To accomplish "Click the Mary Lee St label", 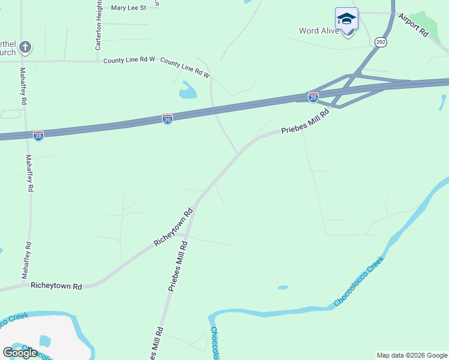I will tap(128, 8).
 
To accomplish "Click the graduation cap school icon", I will tap(346, 19).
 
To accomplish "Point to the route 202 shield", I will tap(381, 41).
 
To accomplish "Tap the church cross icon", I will tap(25, 47).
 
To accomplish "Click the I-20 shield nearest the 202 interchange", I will tap(313, 96).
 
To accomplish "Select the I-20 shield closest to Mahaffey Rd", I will tap(38, 136).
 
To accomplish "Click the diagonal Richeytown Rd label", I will tap(173, 226).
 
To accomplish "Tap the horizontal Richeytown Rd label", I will tap(56, 287).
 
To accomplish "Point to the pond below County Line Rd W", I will tap(187, 90).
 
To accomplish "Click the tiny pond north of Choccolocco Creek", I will tap(283, 287).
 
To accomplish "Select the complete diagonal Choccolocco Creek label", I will tap(358, 281).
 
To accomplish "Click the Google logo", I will tap(20, 353).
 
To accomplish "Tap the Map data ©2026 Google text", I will tap(411, 355).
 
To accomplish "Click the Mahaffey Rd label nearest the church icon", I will tap(23, 85).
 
